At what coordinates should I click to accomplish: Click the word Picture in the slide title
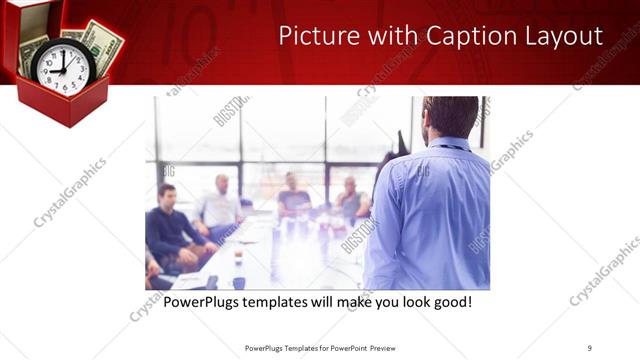[314, 36]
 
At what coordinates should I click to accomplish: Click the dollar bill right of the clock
[103, 44]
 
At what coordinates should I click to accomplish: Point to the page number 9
[589, 348]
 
